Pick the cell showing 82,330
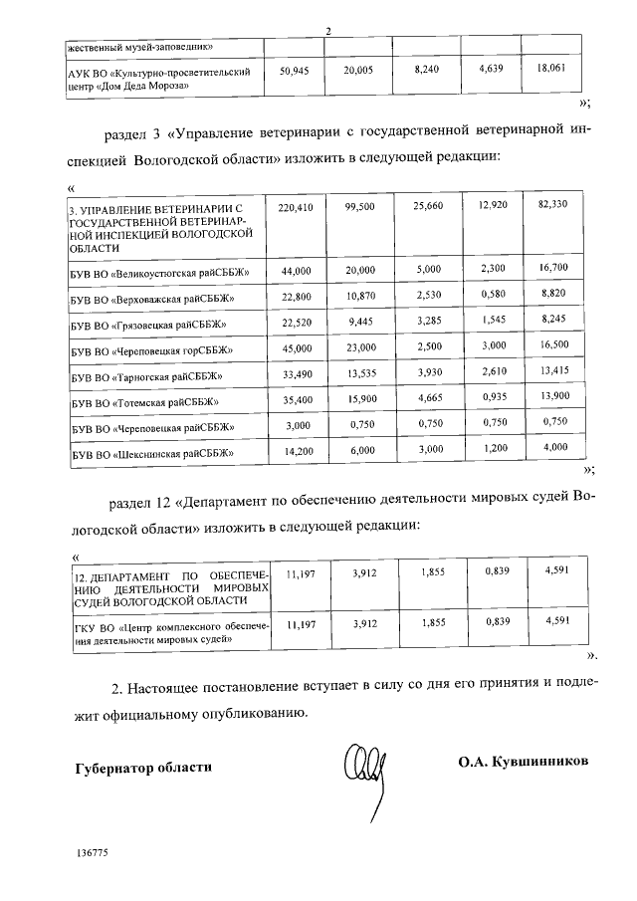(550, 204)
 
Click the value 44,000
(296, 271)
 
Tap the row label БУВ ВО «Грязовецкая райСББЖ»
(148, 324)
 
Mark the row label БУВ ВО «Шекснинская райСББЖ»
(151, 453)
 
